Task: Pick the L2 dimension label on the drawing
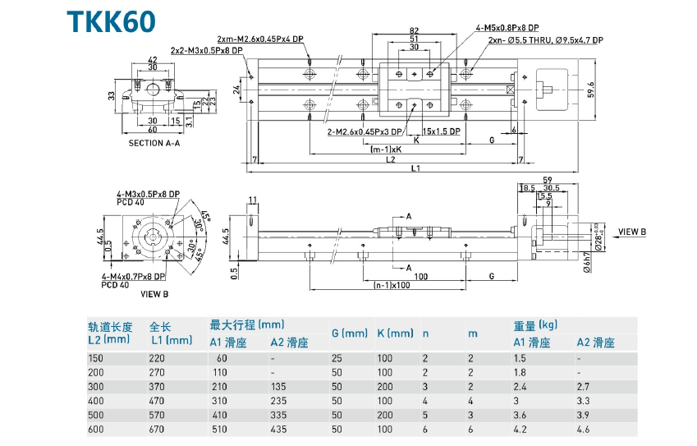click(x=391, y=159)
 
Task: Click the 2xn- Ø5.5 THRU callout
click(x=545, y=39)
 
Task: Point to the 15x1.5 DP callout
click(x=443, y=131)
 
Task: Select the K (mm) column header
click(x=396, y=333)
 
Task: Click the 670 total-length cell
click(x=158, y=430)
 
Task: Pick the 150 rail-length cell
click(x=96, y=358)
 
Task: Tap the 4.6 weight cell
click(x=583, y=430)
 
